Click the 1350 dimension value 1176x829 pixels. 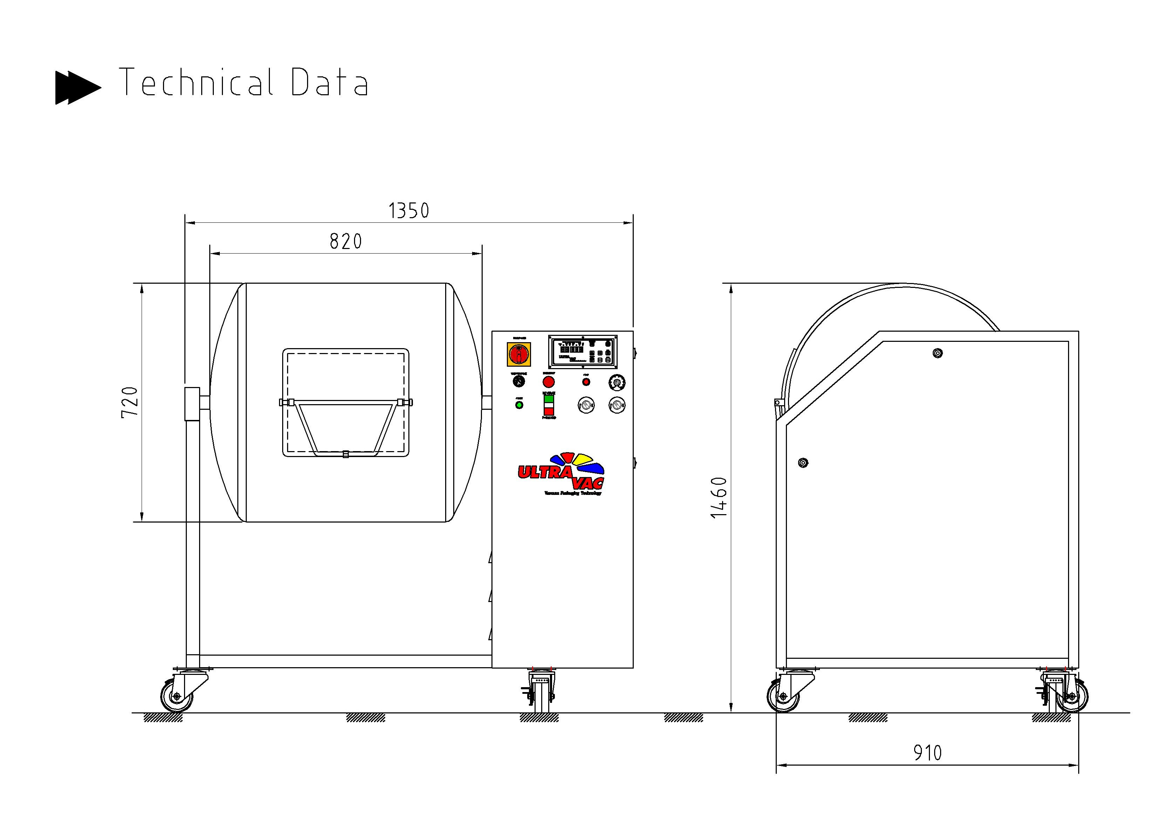point(408,210)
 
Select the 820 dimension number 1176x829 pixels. point(346,241)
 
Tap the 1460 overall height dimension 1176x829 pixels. point(719,497)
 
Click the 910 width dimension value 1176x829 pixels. point(927,753)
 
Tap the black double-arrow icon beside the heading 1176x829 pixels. point(77,88)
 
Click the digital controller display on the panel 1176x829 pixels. point(583,352)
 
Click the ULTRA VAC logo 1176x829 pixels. point(562,474)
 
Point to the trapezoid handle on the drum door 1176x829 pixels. point(346,428)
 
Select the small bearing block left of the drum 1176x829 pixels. point(192,404)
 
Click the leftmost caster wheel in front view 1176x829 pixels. point(177,697)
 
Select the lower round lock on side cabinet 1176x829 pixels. point(803,463)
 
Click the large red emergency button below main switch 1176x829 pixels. point(549,382)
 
